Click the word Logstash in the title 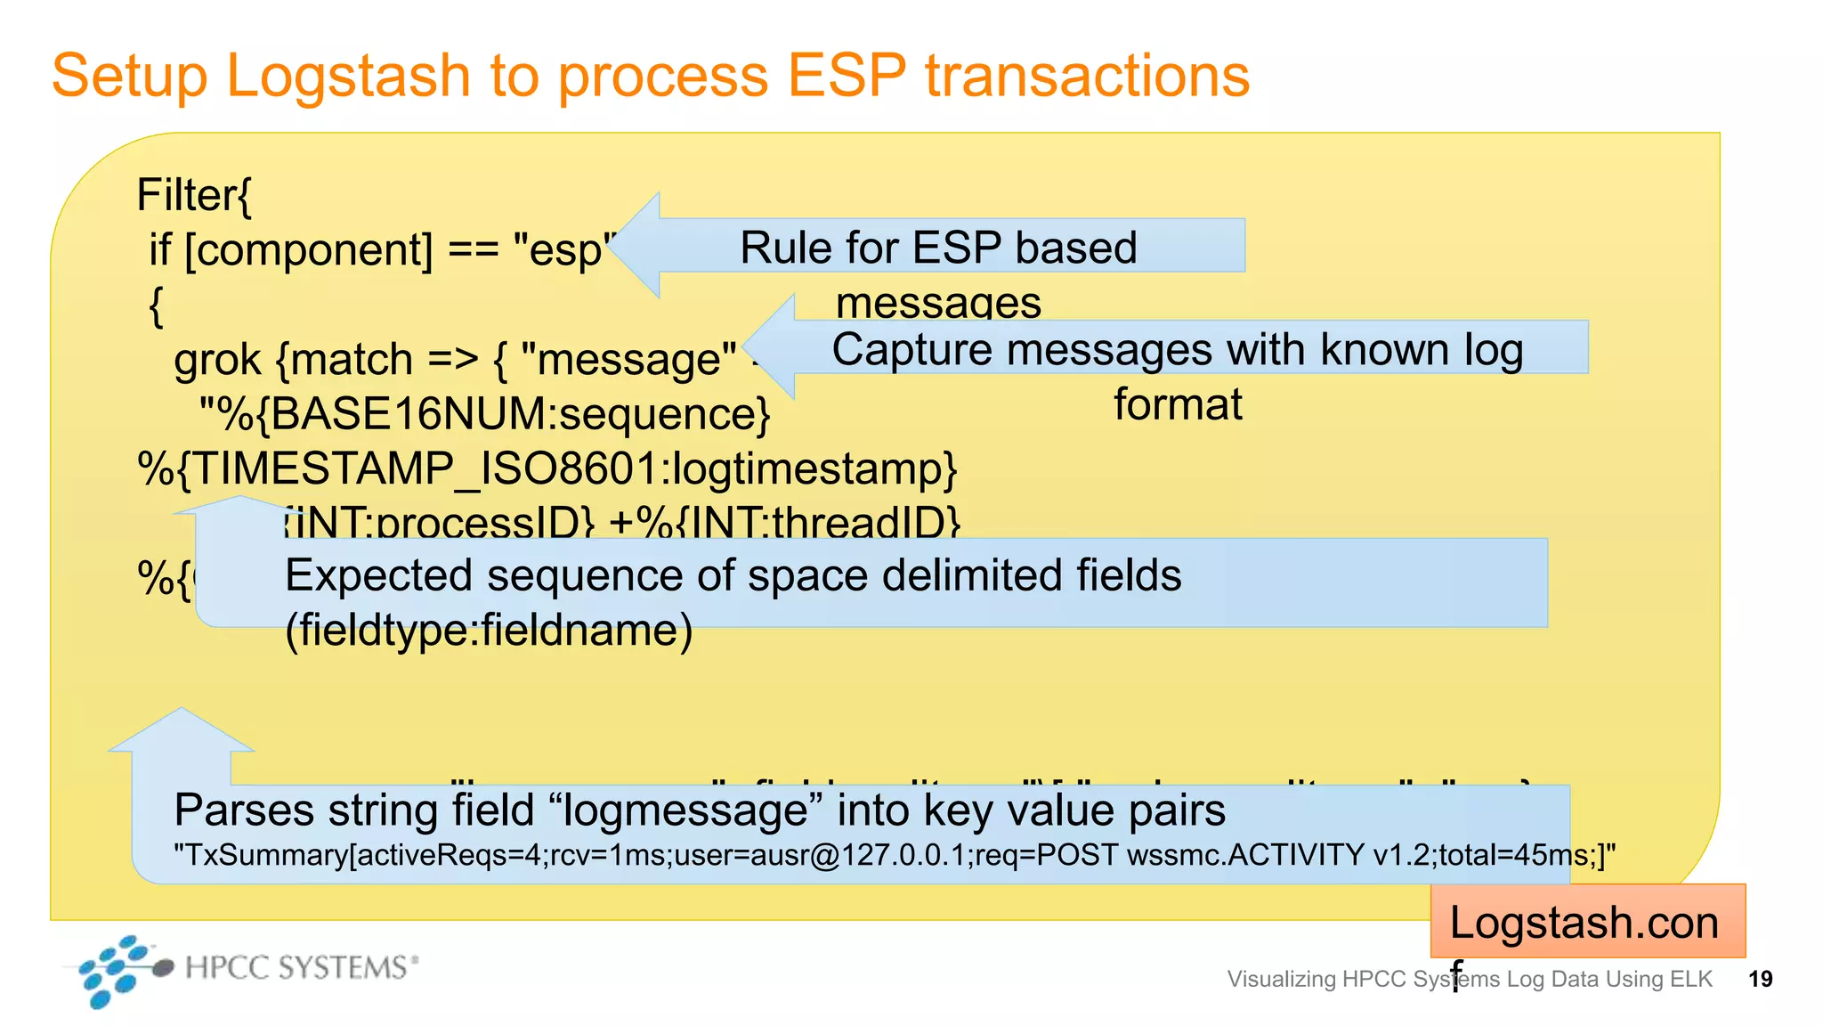click(x=348, y=77)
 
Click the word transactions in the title click(x=1087, y=75)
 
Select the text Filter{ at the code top click(x=194, y=195)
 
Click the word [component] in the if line click(x=309, y=250)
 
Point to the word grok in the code click(x=217, y=360)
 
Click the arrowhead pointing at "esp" click(x=636, y=245)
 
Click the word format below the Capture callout click(x=1177, y=404)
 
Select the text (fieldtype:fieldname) click(x=488, y=631)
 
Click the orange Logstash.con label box click(x=1586, y=922)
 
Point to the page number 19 click(x=1760, y=979)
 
